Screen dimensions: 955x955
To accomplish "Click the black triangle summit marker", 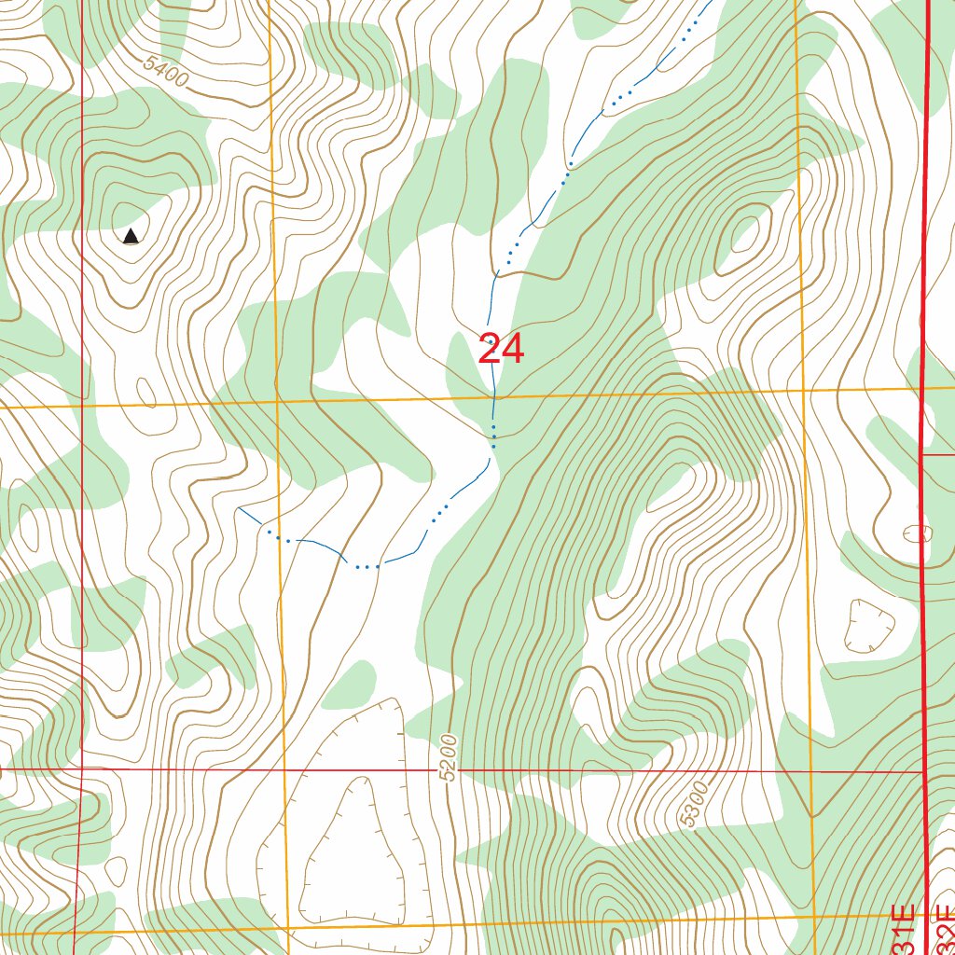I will click(131, 237).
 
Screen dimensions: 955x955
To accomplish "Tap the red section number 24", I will click(501, 350).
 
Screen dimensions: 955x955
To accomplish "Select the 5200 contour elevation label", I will click(450, 757).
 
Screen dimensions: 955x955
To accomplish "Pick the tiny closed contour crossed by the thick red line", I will click(918, 533).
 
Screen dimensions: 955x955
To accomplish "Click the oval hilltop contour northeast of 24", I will click(746, 232).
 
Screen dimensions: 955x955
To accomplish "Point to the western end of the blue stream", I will click(240, 508).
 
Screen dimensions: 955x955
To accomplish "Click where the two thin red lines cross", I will click(82, 769).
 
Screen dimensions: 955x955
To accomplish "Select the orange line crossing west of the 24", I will click(277, 402).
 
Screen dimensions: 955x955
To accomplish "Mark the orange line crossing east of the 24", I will click(804, 392).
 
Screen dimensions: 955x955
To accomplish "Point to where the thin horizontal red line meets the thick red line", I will click(924, 772).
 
